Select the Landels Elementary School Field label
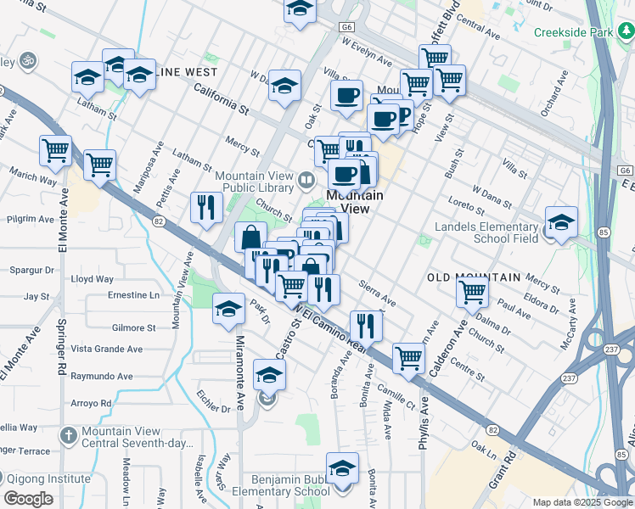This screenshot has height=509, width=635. [486, 232]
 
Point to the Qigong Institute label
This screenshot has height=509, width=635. [47, 478]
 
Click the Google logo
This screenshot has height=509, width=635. [29, 499]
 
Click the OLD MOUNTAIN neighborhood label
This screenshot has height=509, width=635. [473, 277]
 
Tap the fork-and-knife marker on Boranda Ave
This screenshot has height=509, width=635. [366, 323]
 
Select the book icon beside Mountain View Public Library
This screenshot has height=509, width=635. [306, 180]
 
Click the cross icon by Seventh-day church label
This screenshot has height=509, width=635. [69, 435]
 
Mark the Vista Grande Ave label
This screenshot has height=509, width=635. [106, 349]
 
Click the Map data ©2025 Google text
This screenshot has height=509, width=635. [582, 502]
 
